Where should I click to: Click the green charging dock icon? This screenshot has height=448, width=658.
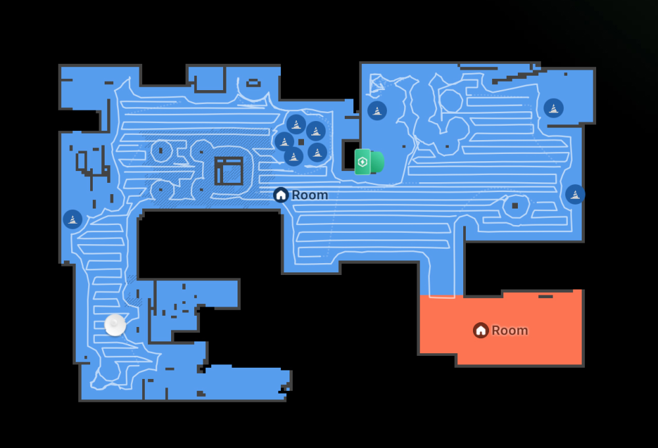368,162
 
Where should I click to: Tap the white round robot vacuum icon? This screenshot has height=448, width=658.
115,325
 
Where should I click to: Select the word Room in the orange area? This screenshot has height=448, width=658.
509,330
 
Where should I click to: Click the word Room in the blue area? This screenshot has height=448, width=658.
309,195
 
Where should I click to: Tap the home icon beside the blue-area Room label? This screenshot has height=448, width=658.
281,195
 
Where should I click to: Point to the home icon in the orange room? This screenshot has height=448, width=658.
481,330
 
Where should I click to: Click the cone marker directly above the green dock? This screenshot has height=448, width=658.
377,111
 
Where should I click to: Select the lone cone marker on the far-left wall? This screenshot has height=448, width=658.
72,219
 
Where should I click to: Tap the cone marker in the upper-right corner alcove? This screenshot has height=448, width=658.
553,108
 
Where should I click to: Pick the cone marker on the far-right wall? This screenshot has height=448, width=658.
575,194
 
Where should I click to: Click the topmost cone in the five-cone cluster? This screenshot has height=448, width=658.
296,124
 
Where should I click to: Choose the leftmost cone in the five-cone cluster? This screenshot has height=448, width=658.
284,141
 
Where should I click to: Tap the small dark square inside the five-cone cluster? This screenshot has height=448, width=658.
301,141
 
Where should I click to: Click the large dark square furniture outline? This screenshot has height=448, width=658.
229,171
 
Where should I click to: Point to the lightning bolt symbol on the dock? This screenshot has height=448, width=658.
362,162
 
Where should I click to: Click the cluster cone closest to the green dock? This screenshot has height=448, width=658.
317,153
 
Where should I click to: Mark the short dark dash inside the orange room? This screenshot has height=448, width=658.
545,297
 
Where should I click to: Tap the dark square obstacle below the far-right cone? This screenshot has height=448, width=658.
515,206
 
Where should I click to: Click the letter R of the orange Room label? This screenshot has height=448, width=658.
495,330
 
